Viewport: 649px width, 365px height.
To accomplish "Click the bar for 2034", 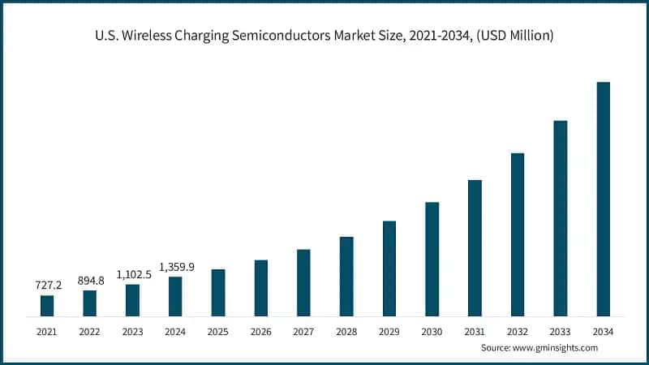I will (x=603, y=199).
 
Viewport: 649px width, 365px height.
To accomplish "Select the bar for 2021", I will (x=47, y=306).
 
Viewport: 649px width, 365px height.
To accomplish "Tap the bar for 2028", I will (x=346, y=276).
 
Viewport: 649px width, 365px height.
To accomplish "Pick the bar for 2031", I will (x=475, y=247).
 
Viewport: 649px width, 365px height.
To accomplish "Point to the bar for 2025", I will (x=218, y=292).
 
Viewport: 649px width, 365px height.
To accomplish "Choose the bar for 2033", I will (x=560, y=218).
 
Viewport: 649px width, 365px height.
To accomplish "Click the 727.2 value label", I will (x=47, y=286).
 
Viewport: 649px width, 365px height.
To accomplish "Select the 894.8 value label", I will (x=90, y=281).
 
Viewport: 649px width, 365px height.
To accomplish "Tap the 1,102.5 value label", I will (x=132, y=274).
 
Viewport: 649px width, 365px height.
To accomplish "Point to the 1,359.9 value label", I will (x=176, y=267).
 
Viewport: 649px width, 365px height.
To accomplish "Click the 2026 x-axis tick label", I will (x=260, y=331).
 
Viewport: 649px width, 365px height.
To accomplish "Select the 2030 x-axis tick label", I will (x=432, y=331).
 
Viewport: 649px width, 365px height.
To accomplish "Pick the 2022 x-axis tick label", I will (x=90, y=331).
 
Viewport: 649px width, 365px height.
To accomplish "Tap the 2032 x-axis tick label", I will (x=517, y=331).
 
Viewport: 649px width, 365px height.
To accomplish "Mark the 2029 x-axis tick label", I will (x=389, y=331).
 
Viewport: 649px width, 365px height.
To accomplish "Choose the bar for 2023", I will (x=132, y=300).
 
